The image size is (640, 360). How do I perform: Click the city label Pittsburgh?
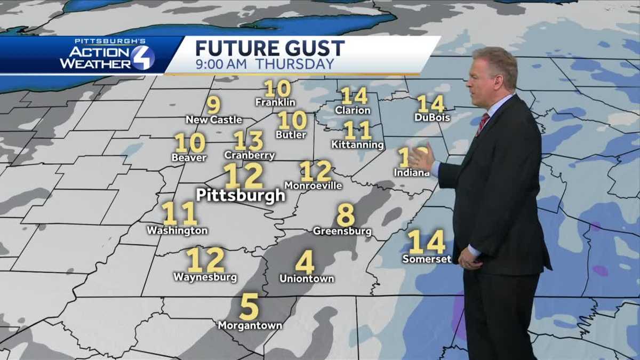(241, 195)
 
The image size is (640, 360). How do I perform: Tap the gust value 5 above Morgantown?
(249, 306)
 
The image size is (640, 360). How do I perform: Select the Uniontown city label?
(307, 278)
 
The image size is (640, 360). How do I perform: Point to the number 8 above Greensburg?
(346, 215)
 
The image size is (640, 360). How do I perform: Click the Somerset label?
(427, 259)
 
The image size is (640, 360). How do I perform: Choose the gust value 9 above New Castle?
(213, 105)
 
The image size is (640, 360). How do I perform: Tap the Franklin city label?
(275, 102)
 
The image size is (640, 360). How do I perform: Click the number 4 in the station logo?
(142, 58)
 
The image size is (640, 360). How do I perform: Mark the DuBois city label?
(432, 117)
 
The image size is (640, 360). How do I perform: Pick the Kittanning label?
(357, 145)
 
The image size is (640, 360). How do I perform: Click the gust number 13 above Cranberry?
(249, 141)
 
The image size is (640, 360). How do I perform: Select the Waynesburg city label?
(205, 277)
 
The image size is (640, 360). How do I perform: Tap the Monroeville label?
(313, 186)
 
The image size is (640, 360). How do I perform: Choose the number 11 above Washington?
(179, 213)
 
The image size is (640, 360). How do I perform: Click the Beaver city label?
(189, 157)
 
